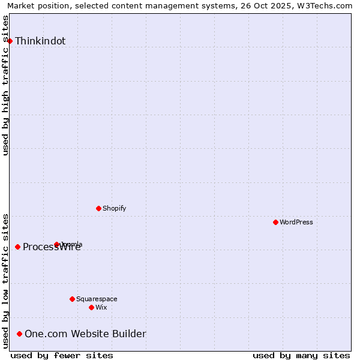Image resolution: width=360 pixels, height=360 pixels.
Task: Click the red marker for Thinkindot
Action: pos(10,41)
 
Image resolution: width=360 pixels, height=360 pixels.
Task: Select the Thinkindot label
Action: pos(40,41)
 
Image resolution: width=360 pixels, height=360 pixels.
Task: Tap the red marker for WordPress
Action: pos(275,222)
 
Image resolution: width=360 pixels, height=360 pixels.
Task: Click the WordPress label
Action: pos(296,222)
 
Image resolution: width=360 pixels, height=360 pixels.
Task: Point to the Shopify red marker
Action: pos(98,208)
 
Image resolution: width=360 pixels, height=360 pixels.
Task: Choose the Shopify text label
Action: pos(114,208)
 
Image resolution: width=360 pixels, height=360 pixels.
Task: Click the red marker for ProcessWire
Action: pos(17,247)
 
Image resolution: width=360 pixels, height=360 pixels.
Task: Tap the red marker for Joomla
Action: pos(56,244)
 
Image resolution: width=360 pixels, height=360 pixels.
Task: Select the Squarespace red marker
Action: pos(72,299)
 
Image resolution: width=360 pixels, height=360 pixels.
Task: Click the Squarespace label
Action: pos(97,299)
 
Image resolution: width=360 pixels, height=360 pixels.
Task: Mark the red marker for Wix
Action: pos(91,307)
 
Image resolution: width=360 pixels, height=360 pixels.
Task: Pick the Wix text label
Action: pos(101,307)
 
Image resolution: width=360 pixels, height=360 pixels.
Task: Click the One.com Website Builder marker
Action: pos(20,334)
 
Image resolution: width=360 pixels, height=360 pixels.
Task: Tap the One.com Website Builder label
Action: pos(85,334)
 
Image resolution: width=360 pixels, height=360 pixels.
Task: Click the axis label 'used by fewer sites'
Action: pos(62,355)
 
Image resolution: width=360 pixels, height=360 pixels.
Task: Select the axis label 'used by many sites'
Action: pos(301,355)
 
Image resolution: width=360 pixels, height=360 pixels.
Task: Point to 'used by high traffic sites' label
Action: pos(6,85)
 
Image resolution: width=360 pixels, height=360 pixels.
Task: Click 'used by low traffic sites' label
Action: pos(6,281)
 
